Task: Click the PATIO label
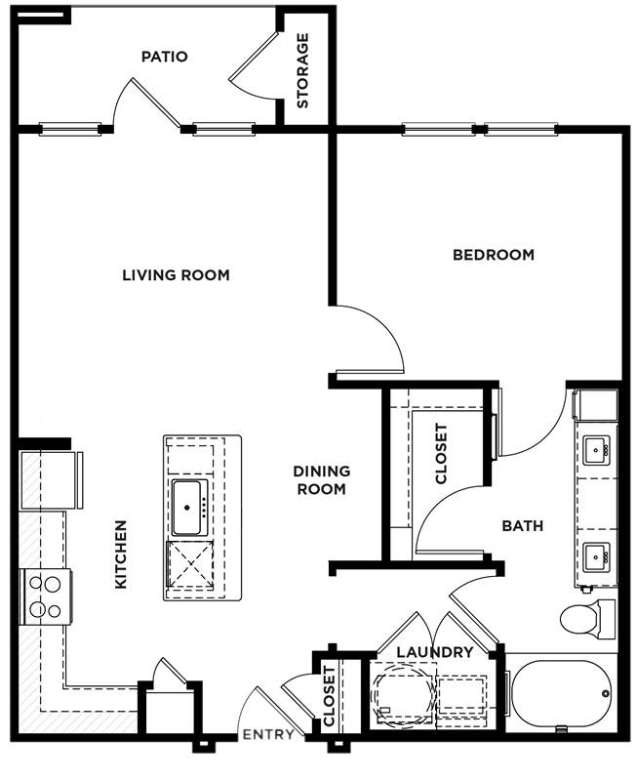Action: [x=165, y=57]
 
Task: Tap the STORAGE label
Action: [x=302, y=70]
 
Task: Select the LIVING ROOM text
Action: [x=177, y=275]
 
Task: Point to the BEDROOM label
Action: [x=494, y=255]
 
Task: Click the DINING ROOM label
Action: [x=322, y=480]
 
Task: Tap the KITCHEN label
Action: [x=121, y=555]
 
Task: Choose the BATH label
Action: [x=523, y=526]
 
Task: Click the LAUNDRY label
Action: [x=434, y=652]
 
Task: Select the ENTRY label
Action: [x=268, y=735]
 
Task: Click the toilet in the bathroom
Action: [x=587, y=619]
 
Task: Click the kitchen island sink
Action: [x=187, y=508]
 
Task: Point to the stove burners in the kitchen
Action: [x=45, y=596]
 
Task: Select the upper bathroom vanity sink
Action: [x=596, y=450]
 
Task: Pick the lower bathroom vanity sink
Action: [x=596, y=556]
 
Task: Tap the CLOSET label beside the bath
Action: [x=442, y=454]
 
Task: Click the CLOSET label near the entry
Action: [x=330, y=696]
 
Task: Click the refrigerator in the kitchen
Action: [x=50, y=480]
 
